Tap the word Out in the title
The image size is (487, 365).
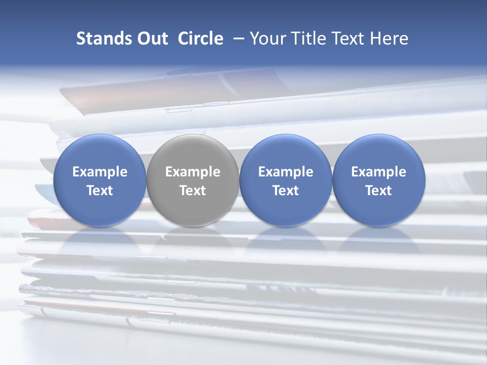pyautogui.click(x=151, y=39)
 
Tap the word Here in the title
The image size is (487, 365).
pyautogui.click(x=390, y=39)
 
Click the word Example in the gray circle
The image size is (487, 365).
pyautogui.click(x=193, y=172)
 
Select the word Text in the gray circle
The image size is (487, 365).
pyautogui.click(x=193, y=191)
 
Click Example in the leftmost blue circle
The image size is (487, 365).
pyautogui.click(x=100, y=172)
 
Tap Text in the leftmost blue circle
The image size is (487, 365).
pyautogui.click(x=100, y=191)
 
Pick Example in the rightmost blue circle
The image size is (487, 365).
pyautogui.click(x=378, y=172)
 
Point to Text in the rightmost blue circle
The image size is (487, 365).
pyautogui.click(x=378, y=191)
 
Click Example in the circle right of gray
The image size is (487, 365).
pyautogui.click(x=286, y=172)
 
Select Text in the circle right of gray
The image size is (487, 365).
pyautogui.click(x=286, y=191)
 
